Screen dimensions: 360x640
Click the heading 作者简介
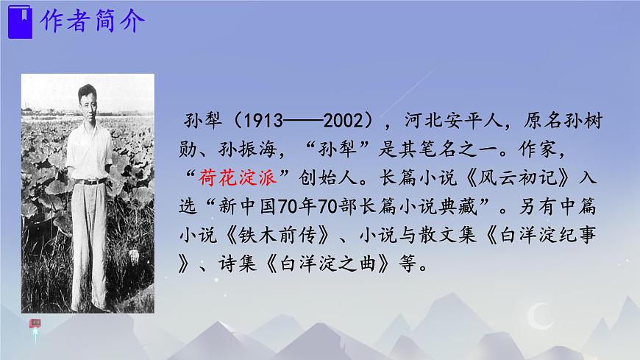point(91,23)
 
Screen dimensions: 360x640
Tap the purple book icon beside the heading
point(20,23)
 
